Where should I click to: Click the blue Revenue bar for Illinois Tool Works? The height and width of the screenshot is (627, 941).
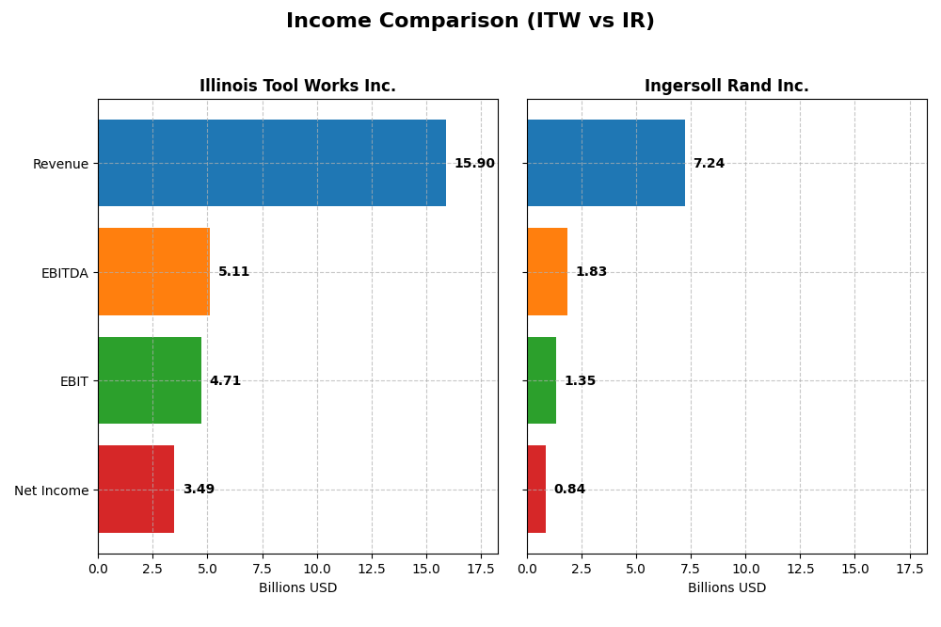(272, 163)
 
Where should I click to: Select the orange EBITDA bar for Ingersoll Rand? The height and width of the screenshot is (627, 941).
(547, 272)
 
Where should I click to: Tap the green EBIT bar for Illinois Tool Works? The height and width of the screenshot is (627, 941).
(150, 380)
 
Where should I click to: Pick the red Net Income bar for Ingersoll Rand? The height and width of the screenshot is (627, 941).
(536, 490)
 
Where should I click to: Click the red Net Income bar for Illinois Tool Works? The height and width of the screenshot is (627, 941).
(136, 490)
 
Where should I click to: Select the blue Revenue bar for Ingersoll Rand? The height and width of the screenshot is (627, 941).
(606, 163)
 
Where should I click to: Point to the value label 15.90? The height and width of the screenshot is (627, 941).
(474, 164)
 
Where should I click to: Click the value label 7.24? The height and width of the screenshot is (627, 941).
(709, 164)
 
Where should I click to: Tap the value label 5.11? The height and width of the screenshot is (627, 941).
(233, 272)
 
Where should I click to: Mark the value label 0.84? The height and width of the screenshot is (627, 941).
(569, 490)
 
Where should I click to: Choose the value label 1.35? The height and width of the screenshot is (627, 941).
(580, 381)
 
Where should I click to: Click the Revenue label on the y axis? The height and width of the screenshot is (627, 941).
(60, 165)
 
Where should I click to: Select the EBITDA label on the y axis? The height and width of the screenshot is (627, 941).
(65, 273)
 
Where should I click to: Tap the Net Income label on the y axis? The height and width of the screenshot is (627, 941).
(51, 490)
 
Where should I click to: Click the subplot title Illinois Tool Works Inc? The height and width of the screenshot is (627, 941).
(297, 87)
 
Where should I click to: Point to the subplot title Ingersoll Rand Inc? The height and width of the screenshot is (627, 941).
(726, 87)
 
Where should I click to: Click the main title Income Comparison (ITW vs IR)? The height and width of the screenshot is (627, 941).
(470, 22)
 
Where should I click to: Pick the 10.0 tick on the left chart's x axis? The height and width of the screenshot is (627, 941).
(317, 569)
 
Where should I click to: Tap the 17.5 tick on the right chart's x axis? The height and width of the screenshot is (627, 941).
(910, 569)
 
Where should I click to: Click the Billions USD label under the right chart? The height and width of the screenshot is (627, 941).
(726, 588)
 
